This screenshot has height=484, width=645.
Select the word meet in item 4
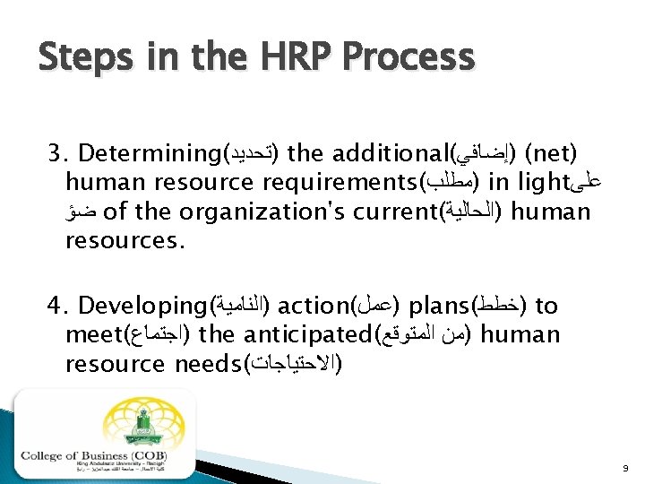pyautogui.click(x=93, y=336)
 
